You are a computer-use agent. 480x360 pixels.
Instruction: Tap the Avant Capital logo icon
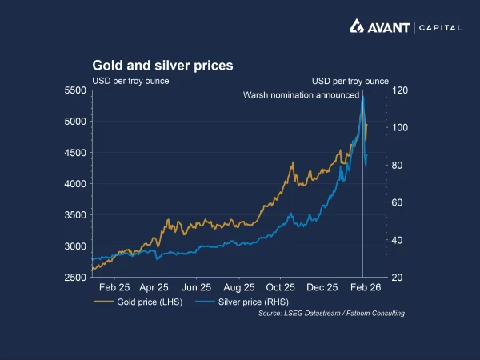coord(358,26)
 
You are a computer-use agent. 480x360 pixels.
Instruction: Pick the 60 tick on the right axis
coord(398,203)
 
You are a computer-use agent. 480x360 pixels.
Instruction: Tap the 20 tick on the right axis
coord(398,278)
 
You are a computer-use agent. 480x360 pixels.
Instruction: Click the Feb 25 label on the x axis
coord(114,286)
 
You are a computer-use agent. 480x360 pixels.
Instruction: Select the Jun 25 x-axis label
coord(196,286)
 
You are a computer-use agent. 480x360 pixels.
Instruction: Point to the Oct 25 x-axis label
coord(281,286)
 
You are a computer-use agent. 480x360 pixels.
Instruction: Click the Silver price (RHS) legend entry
coord(237,302)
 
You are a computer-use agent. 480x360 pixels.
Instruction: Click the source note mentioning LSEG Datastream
coord(331,314)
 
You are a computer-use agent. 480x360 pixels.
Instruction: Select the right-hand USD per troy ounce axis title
coord(350,81)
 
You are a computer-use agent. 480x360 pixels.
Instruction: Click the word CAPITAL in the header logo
coord(440,27)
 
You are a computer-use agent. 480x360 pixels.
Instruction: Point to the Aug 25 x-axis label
coord(238,286)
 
